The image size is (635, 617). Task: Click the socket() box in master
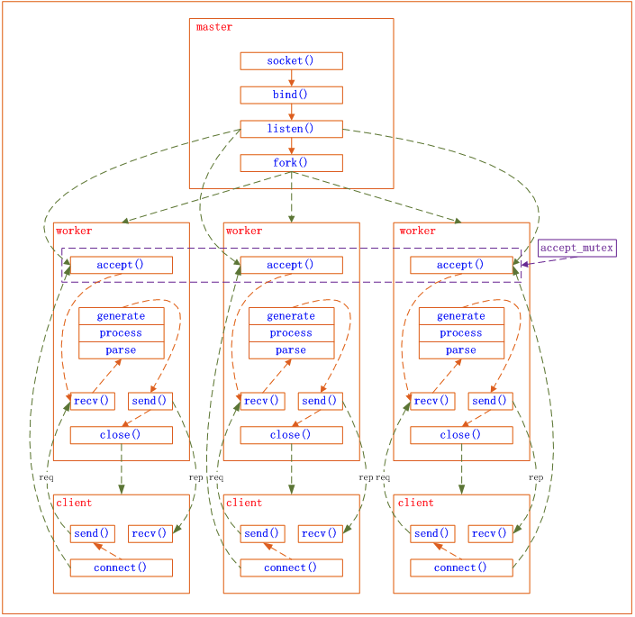tap(291, 61)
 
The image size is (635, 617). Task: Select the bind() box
tap(291, 95)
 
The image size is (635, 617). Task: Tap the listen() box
tap(291, 129)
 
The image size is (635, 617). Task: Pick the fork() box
tap(291, 163)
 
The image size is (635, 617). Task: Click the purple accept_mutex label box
tap(577, 248)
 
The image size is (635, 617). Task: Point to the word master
tap(214, 27)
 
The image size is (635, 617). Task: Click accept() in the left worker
tap(121, 265)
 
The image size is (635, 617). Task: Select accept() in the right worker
tap(460, 265)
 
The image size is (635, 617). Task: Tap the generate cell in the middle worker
tap(291, 316)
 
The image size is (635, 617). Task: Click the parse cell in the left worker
tap(121, 350)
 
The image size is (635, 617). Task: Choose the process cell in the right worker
tap(460, 333)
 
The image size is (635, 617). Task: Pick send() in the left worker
tap(150, 401)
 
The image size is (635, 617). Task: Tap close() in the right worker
tap(460, 435)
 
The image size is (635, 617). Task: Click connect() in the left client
tap(121, 567)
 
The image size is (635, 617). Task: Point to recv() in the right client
tap(490, 534)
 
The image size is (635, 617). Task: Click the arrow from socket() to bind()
tap(291, 78)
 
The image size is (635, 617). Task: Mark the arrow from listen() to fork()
tap(291, 146)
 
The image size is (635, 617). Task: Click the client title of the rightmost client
tap(415, 503)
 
